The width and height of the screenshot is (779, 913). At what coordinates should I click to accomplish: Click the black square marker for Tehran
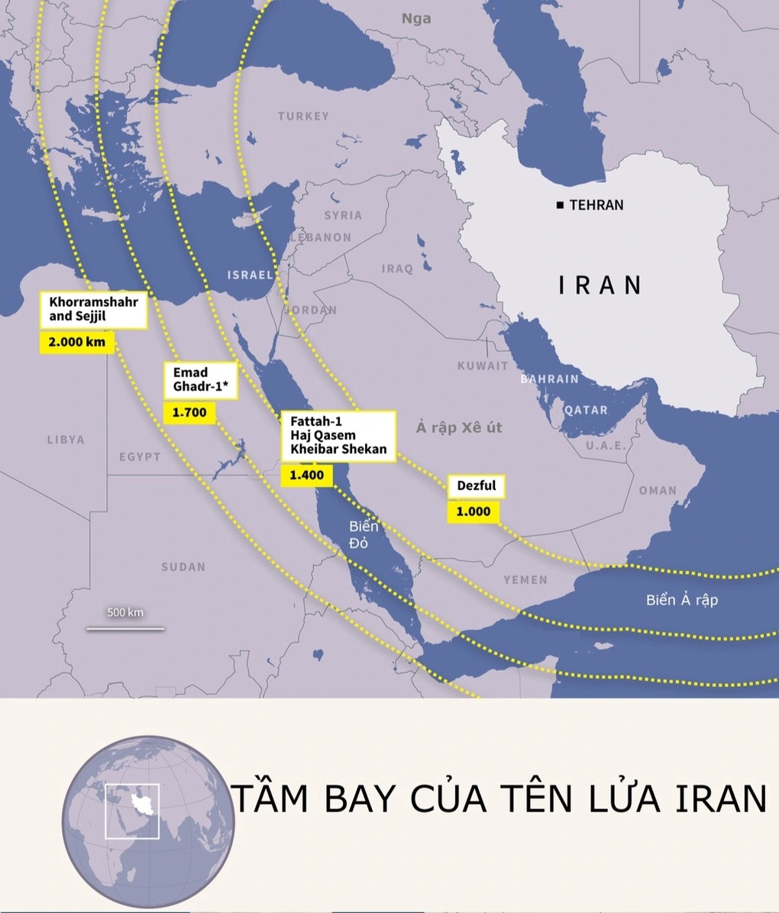(561, 205)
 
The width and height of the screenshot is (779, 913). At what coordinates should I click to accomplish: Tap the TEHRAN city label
(596, 205)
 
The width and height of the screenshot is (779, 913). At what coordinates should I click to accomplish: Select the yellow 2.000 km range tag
(76, 342)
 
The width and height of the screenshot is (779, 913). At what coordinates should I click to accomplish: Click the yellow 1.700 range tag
(189, 413)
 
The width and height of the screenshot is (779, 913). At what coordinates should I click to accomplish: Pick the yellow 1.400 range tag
(306, 475)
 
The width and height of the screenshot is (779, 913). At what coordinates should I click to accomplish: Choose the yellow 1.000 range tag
(473, 511)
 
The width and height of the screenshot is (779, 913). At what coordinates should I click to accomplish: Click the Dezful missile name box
(477, 486)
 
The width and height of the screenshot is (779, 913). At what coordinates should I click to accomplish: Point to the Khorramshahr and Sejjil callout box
(94, 308)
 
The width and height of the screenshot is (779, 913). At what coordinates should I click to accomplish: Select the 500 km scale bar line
(125, 629)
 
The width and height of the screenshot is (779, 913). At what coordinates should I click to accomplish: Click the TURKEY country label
(303, 116)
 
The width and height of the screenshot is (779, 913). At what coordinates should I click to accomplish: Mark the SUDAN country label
(183, 566)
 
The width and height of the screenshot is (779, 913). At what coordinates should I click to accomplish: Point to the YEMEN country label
(525, 579)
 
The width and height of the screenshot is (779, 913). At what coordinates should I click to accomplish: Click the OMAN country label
(658, 490)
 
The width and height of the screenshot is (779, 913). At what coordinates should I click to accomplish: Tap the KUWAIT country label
(483, 366)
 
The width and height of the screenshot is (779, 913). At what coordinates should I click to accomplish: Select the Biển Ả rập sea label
(681, 599)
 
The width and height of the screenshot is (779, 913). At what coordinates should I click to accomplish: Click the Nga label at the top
(416, 18)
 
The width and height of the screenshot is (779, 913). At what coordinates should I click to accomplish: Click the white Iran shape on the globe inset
(141, 805)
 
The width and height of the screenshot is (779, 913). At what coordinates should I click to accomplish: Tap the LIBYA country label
(66, 440)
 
